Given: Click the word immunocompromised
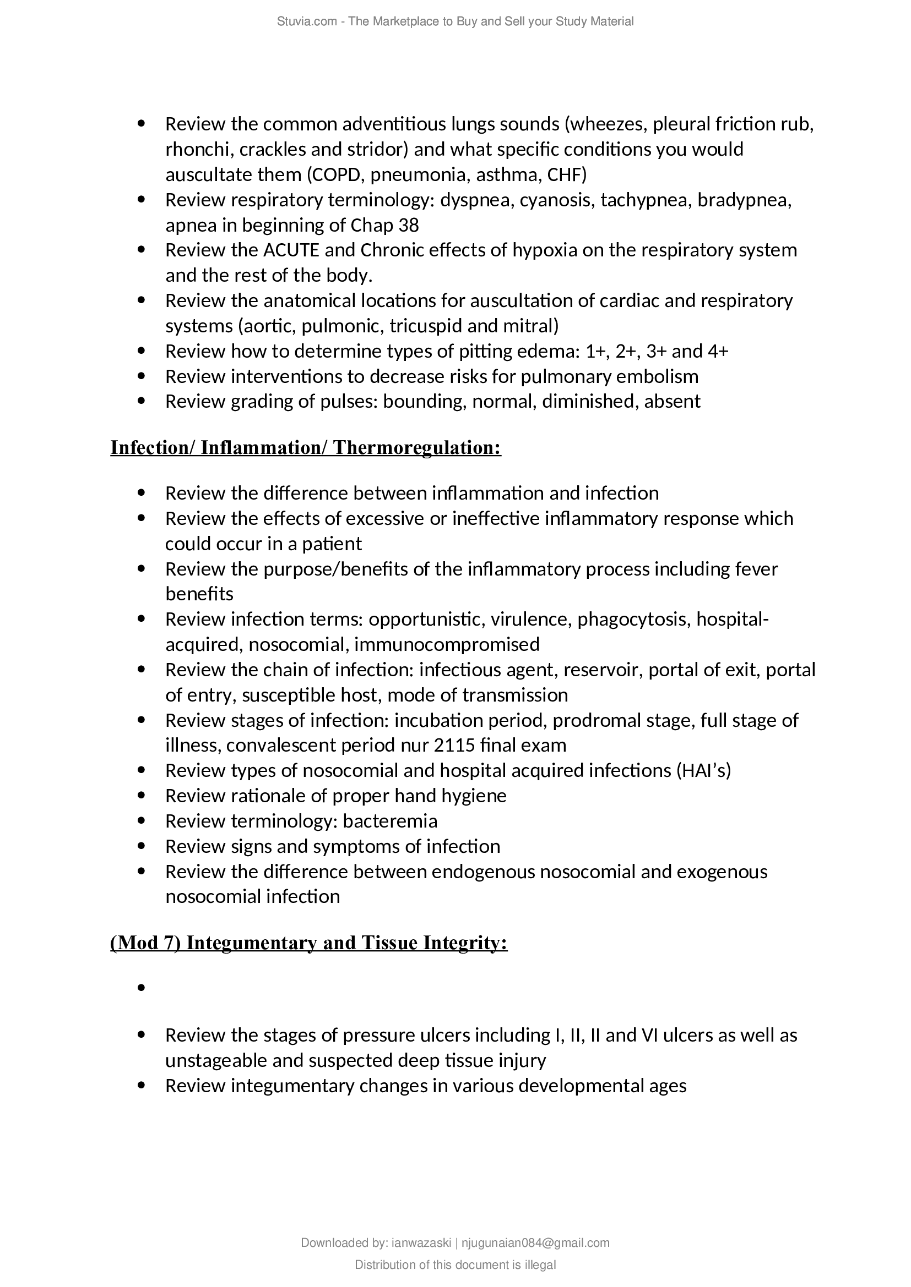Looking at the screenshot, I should point(447,645).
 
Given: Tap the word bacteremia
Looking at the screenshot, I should point(390,821).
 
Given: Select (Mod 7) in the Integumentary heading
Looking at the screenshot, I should point(145,943).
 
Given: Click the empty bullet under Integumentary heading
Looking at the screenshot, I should point(142,988).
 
